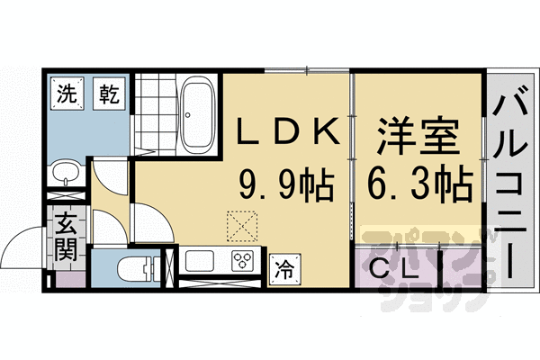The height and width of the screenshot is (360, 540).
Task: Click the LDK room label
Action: click(x=287, y=133)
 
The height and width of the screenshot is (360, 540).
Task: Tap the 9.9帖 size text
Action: click(x=286, y=187)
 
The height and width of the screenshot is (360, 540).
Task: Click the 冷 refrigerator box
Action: click(x=283, y=267)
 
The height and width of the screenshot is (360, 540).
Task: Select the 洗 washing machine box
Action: click(x=67, y=92)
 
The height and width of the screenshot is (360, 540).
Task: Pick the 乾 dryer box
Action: click(x=110, y=92)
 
